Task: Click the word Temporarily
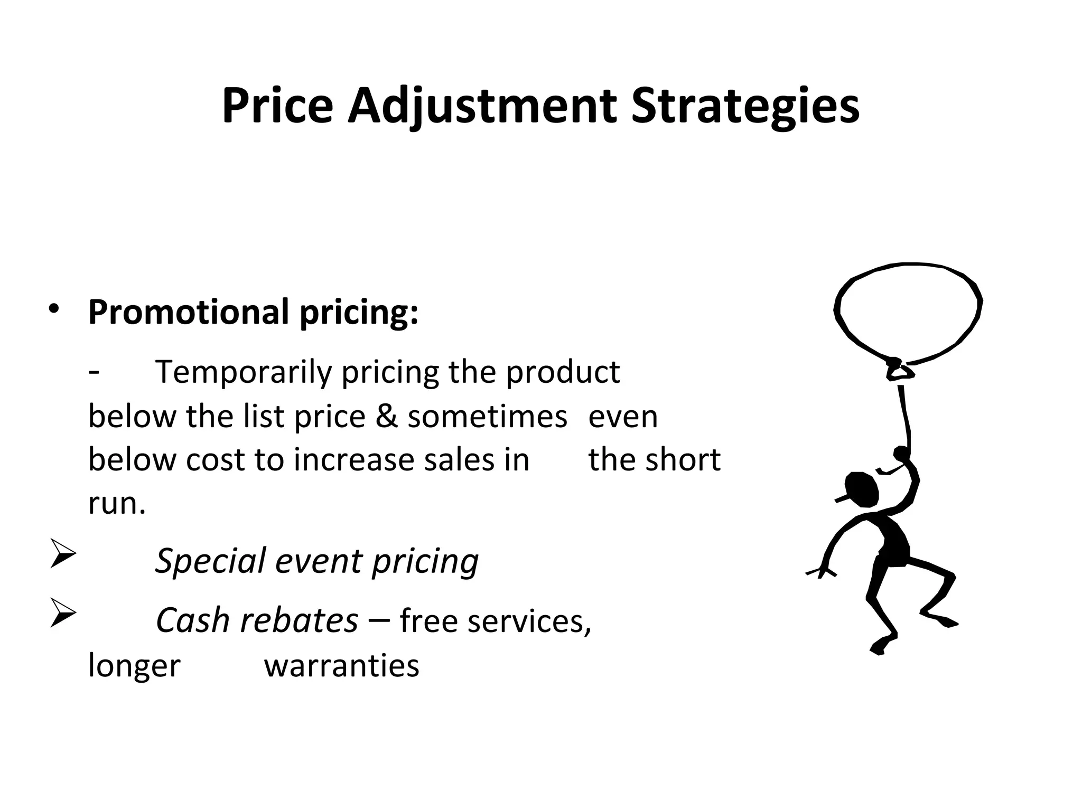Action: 243,372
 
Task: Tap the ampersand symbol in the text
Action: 386,417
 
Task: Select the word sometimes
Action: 487,417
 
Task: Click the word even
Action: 623,417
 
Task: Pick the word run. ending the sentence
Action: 116,503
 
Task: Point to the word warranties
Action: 341,665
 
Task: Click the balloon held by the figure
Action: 908,312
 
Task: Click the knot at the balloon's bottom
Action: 898,370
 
